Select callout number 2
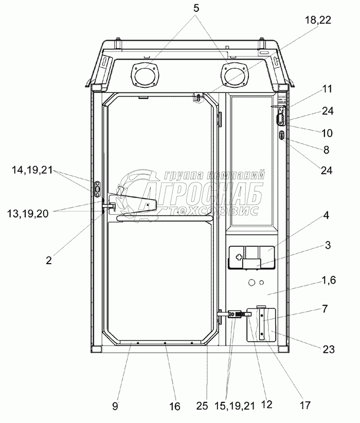pos(49,260)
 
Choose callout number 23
pos(329,350)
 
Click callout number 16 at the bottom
pos(175,407)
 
